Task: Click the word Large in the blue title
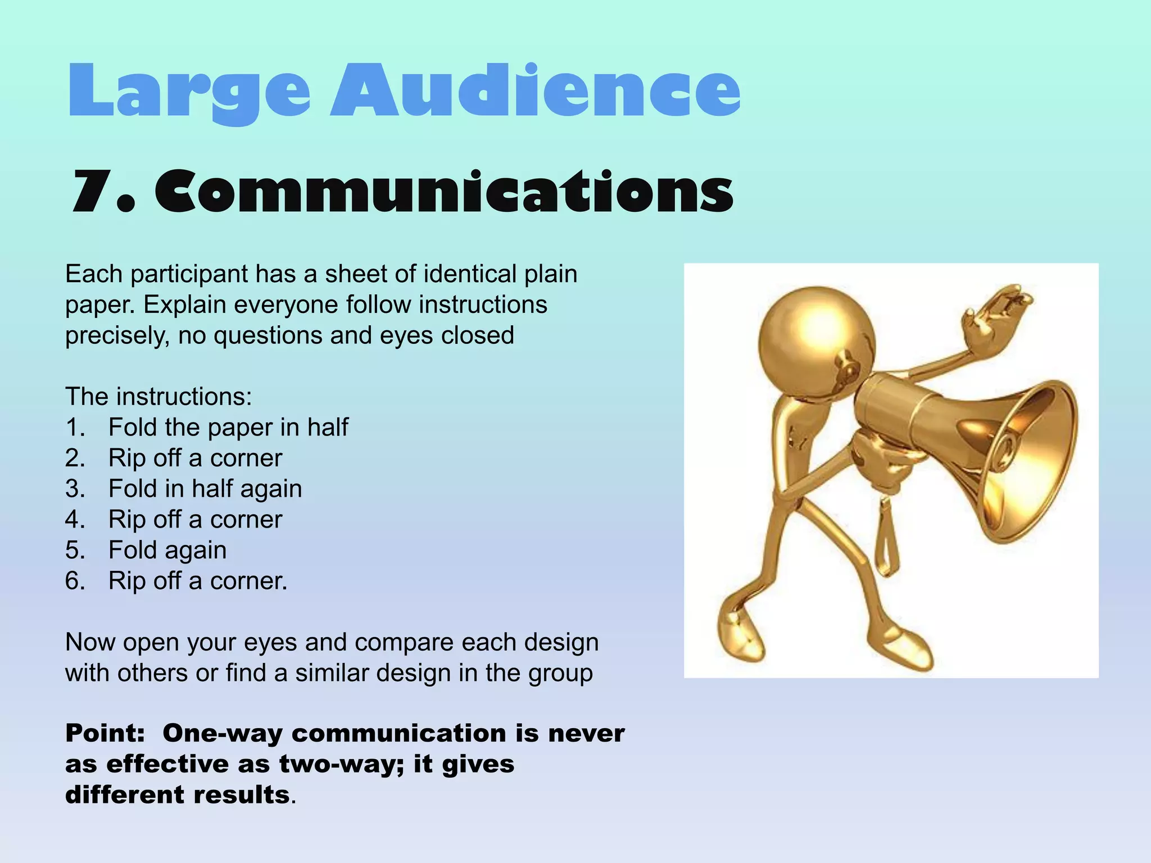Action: (x=188, y=91)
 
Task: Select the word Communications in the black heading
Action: (x=444, y=192)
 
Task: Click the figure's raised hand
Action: (x=995, y=315)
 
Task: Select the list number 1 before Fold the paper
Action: (x=75, y=428)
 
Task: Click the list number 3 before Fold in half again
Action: (x=75, y=489)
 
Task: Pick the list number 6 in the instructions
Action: (x=75, y=581)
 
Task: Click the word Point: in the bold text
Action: (x=105, y=734)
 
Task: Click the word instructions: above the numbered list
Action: (x=184, y=397)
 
